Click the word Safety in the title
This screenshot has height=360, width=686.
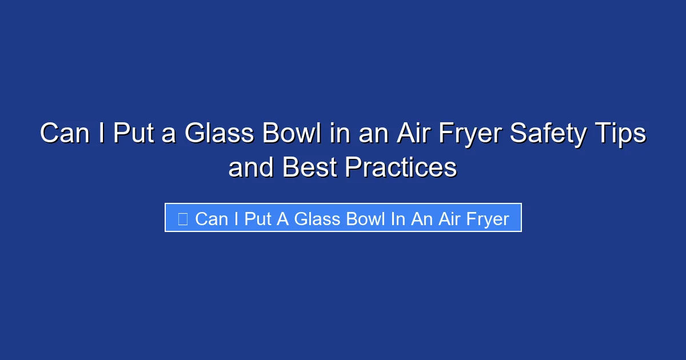point(548,134)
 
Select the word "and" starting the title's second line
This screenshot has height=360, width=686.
point(250,167)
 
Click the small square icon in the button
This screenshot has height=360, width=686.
point(183,218)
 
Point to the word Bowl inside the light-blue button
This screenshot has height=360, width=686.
point(366,218)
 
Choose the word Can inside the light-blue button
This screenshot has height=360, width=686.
point(212,218)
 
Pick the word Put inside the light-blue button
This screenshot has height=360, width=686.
point(258,218)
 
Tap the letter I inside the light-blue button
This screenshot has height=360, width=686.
point(236,218)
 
